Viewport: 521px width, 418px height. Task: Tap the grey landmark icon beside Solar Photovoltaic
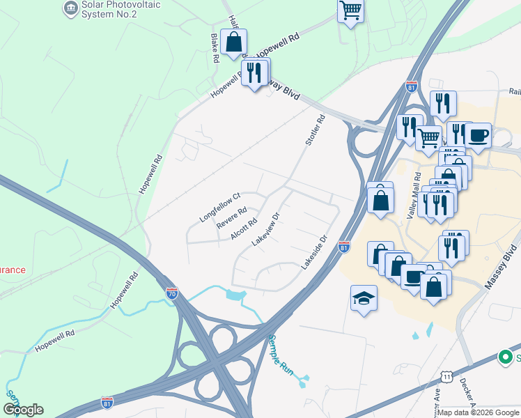70,8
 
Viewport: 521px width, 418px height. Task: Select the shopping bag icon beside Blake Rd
233,42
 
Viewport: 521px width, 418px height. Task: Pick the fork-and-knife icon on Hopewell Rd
254,72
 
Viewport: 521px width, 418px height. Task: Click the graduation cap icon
364,299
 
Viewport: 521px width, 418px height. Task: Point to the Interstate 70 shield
172,293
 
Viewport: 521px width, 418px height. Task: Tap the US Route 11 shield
446,377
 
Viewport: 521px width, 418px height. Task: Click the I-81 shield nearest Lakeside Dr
343,247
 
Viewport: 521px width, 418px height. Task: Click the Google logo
23,410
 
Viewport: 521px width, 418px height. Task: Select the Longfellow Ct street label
219,207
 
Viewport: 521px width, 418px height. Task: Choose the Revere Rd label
231,218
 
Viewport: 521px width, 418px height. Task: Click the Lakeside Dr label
313,253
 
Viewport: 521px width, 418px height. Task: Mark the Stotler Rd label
315,130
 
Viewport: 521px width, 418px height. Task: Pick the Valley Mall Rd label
418,192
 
